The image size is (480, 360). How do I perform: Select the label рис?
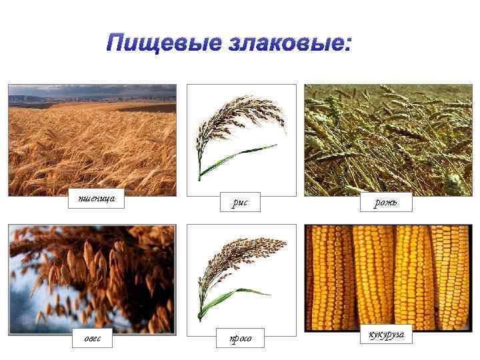[x=241, y=202]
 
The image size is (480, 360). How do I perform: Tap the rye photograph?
[x=387, y=140]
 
